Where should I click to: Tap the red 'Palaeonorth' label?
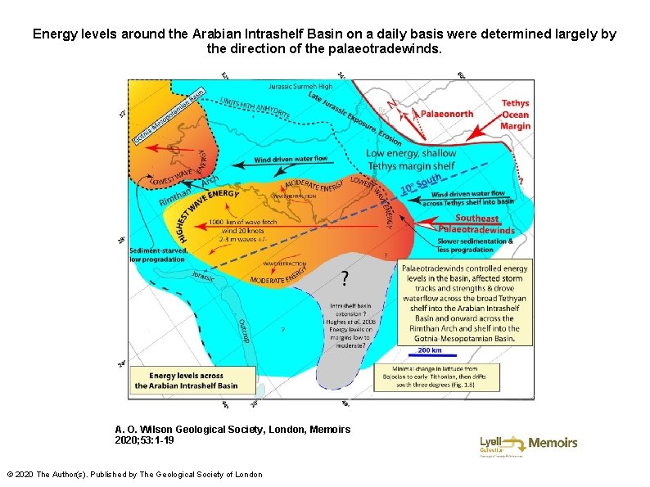point(445,114)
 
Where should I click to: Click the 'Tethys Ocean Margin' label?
point(515,115)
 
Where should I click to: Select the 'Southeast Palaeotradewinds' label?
point(477,223)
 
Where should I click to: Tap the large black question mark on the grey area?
point(344,280)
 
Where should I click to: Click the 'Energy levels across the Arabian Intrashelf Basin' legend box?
point(187,381)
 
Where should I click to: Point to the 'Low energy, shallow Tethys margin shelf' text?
point(411,160)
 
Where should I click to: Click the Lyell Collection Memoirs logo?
point(528,444)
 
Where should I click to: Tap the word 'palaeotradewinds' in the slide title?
point(396,49)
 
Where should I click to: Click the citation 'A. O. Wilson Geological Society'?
point(232,429)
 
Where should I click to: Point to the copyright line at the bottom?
point(134,475)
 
